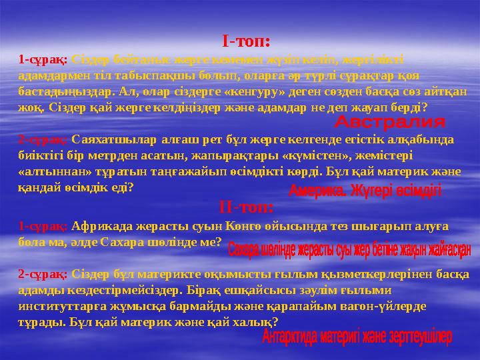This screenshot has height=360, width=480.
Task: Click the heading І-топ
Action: (x=246, y=41)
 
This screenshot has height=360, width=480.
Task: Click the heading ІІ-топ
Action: (x=246, y=207)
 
